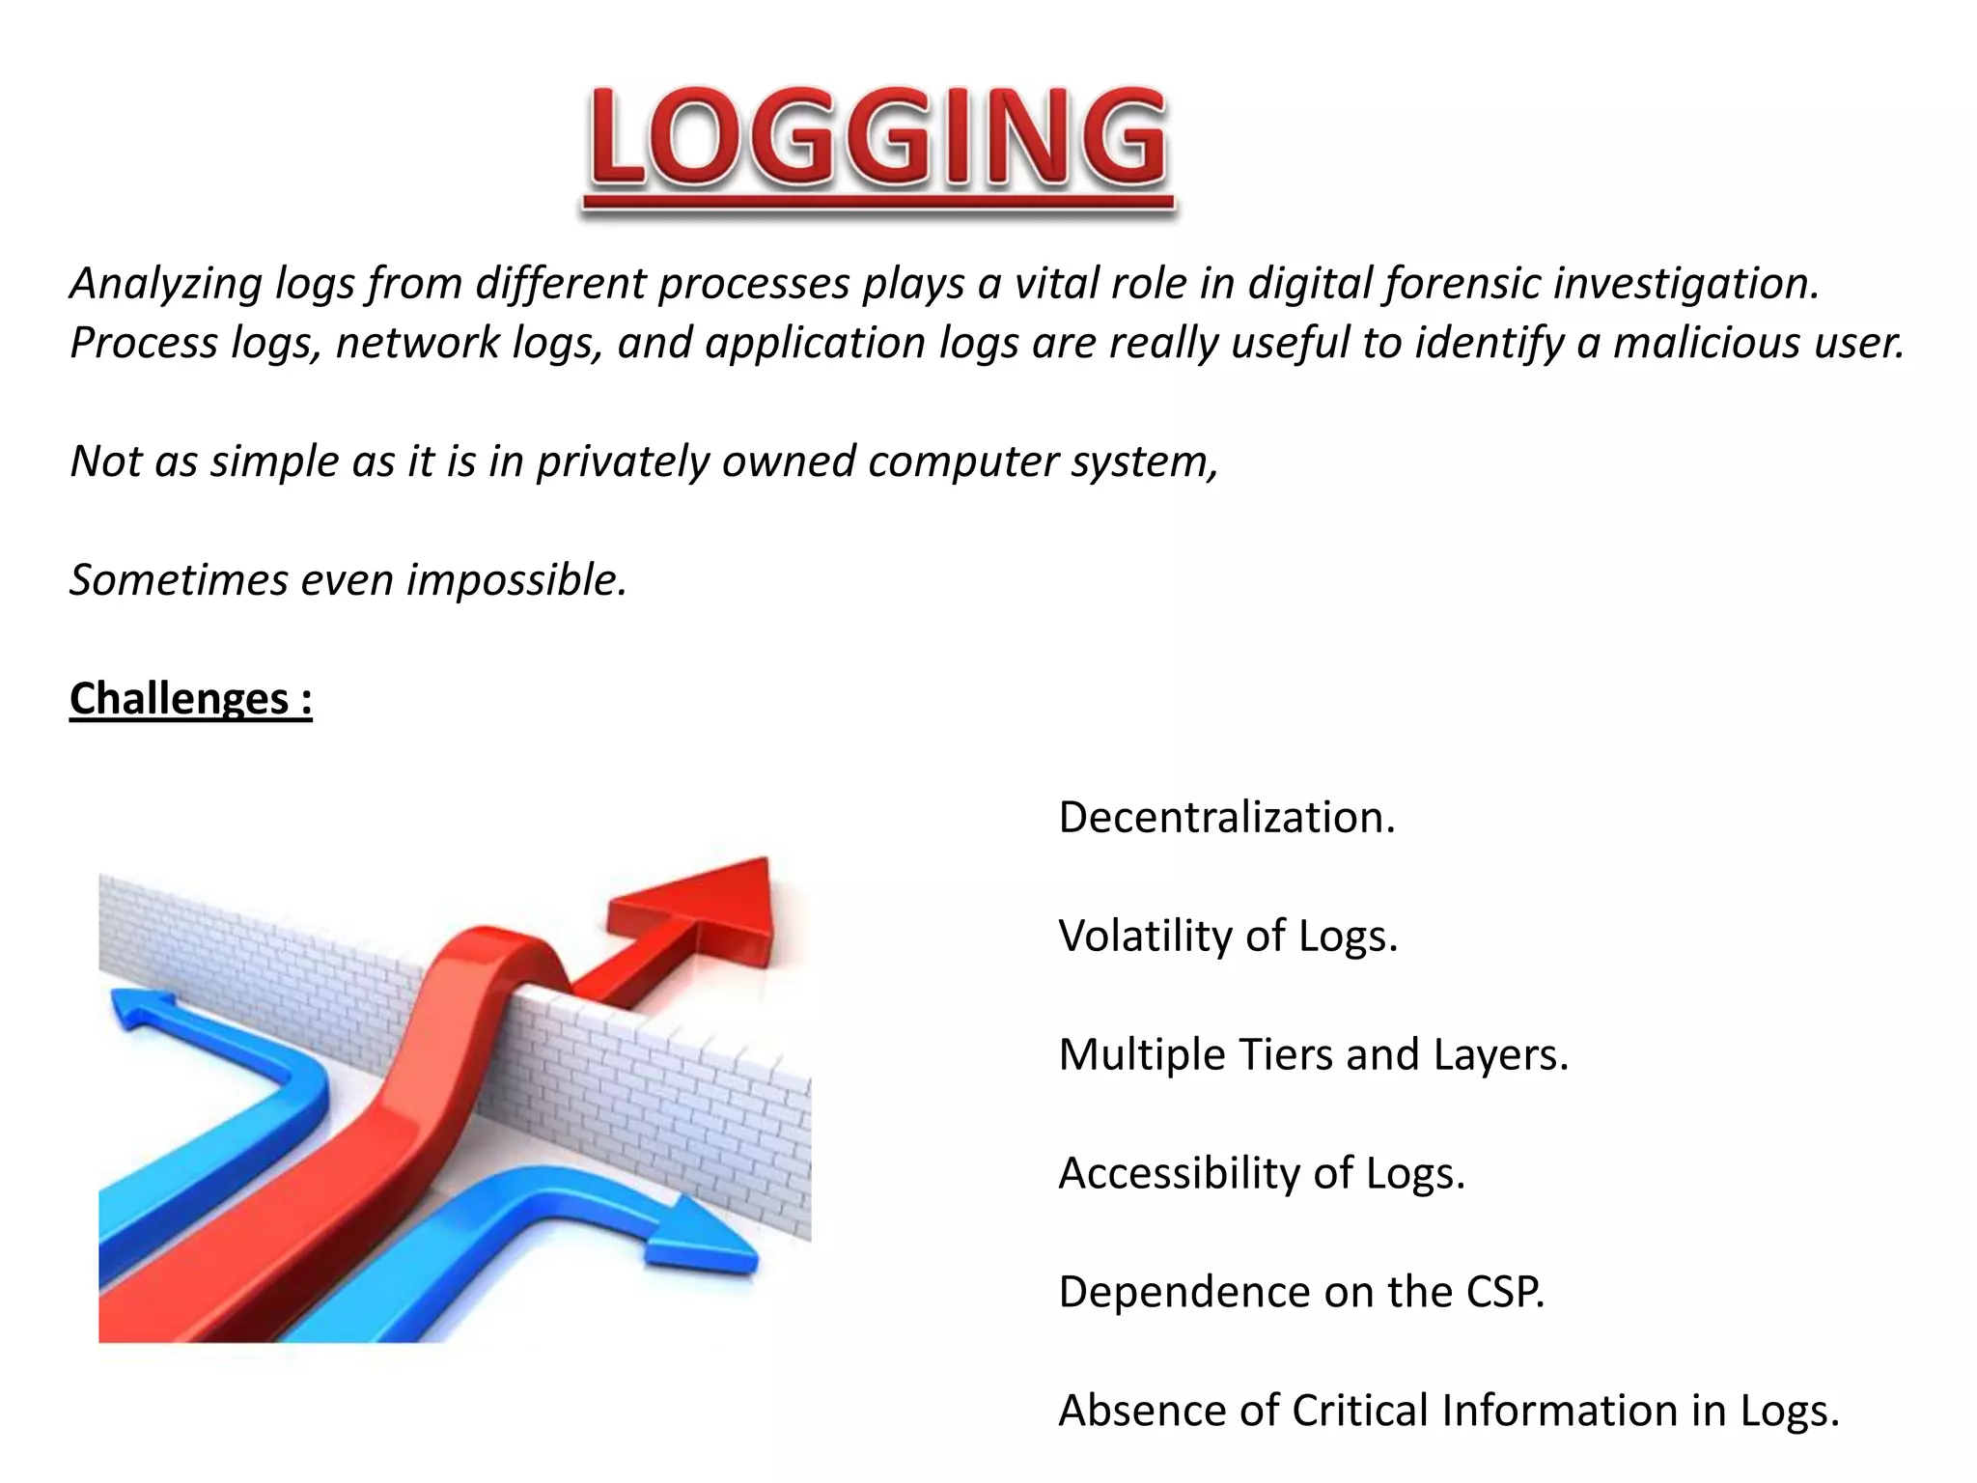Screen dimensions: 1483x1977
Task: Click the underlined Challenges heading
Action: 190,698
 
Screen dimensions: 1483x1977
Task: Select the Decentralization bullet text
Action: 1226,818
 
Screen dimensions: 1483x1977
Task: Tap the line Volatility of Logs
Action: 1228,936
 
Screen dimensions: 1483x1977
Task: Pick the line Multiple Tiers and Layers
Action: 1313,1054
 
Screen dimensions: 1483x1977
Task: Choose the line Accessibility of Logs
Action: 1261,1173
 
